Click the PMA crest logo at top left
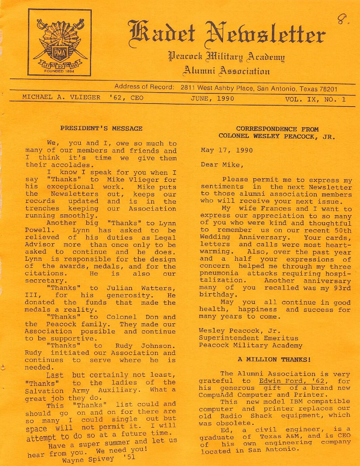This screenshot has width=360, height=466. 60,42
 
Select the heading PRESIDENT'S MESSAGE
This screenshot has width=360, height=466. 101,129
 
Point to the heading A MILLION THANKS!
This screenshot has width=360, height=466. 274,359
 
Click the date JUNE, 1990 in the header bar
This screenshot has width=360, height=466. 212,98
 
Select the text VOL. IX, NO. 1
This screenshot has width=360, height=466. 315,99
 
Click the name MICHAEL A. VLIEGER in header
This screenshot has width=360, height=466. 61,97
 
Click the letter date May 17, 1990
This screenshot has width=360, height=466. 226,150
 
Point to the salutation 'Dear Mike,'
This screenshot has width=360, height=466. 222,165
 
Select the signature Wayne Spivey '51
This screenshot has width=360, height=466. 98,459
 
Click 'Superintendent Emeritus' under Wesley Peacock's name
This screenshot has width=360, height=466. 248,338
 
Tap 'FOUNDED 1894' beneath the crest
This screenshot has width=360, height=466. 59,71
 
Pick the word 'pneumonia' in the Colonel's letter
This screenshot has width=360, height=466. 219,273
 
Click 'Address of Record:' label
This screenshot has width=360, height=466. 144,87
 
